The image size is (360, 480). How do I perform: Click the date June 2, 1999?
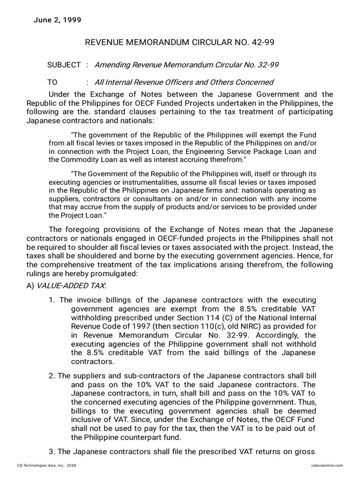[x=58, y=20]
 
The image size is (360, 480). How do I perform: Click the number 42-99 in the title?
[x=261, y=43]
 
